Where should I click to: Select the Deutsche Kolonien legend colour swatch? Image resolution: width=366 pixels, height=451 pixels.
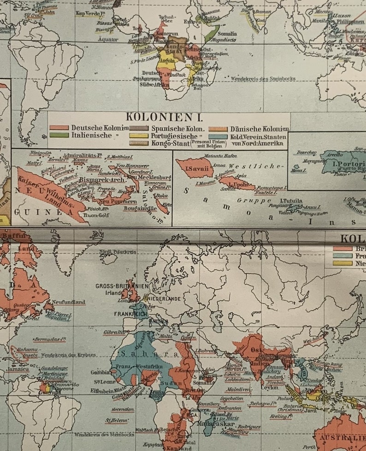pos(59,128)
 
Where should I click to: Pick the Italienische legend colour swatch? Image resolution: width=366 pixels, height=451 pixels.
pos(59,135)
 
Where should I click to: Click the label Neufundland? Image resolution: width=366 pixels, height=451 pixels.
pos(69,302)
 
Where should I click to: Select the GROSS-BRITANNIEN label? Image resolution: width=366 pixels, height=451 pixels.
pos(122,286)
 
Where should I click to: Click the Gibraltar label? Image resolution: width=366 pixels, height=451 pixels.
pos(114,332)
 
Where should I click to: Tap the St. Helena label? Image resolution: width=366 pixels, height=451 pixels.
pos(116,420)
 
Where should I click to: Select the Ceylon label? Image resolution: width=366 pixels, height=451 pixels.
pos(269,387)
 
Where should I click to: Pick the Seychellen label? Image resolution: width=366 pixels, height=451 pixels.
pos(231,399)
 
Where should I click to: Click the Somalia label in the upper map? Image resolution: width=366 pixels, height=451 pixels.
pos(227,34)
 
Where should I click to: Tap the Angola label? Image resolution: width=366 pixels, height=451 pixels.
pos(167,60)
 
